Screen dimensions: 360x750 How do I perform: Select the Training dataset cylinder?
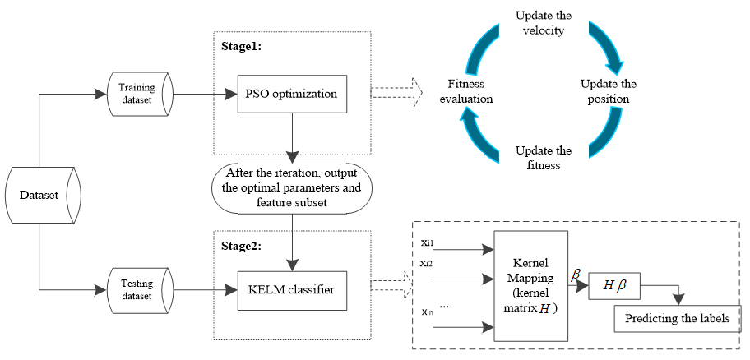point(137,93)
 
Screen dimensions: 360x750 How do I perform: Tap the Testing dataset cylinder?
point(137,289)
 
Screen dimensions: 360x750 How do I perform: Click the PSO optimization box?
point(293,94)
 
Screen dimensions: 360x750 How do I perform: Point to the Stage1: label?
point(241,47)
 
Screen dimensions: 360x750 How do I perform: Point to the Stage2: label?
point(241,244)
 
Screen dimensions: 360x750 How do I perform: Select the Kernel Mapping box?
point(530,284)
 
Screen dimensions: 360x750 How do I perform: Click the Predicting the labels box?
point(677,319)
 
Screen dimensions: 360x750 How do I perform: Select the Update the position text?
point(608,91)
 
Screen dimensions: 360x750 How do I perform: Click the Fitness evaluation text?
point(470,91)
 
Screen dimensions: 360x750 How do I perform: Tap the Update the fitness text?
point(543,158)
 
